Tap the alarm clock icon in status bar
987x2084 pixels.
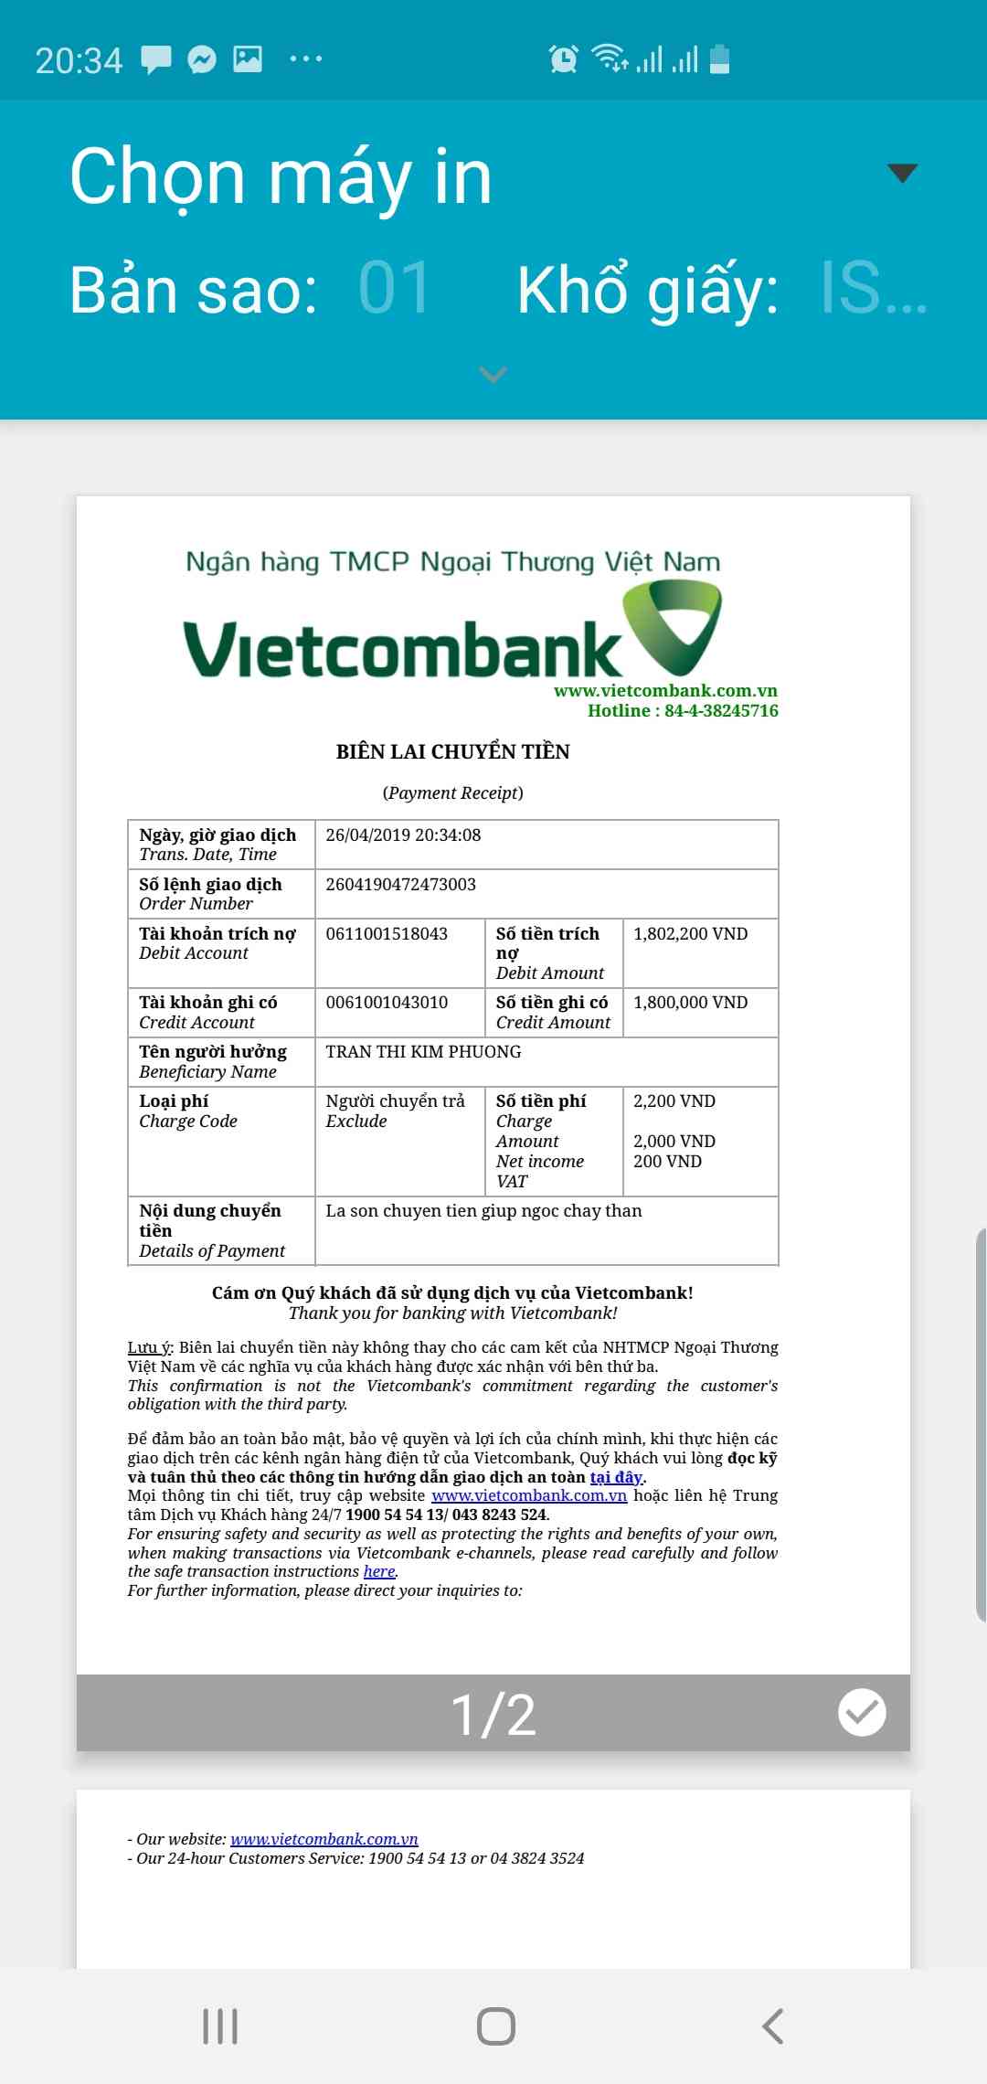[563, 59]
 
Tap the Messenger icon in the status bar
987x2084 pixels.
[202, 59]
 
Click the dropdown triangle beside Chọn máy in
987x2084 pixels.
[902, 173]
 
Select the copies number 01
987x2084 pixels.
[394, 289]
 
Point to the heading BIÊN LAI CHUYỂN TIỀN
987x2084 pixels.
[452, 752]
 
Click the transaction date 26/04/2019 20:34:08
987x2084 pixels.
[403, 835]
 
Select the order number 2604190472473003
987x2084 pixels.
[400, 885]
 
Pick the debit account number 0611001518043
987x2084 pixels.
[387, 934]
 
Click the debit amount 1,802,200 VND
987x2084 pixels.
[690, 934]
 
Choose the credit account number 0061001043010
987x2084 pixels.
[387, 1003]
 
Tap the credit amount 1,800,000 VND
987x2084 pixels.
[690, 1003]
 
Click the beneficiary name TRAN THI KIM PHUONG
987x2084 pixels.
[423, 1052]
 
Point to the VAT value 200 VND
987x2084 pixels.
[667, 1162]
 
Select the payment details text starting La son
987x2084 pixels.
[483, 1211]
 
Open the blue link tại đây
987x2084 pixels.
[617, 1477]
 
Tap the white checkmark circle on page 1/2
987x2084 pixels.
[862, 1712]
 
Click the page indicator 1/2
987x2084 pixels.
[493, 1714]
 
